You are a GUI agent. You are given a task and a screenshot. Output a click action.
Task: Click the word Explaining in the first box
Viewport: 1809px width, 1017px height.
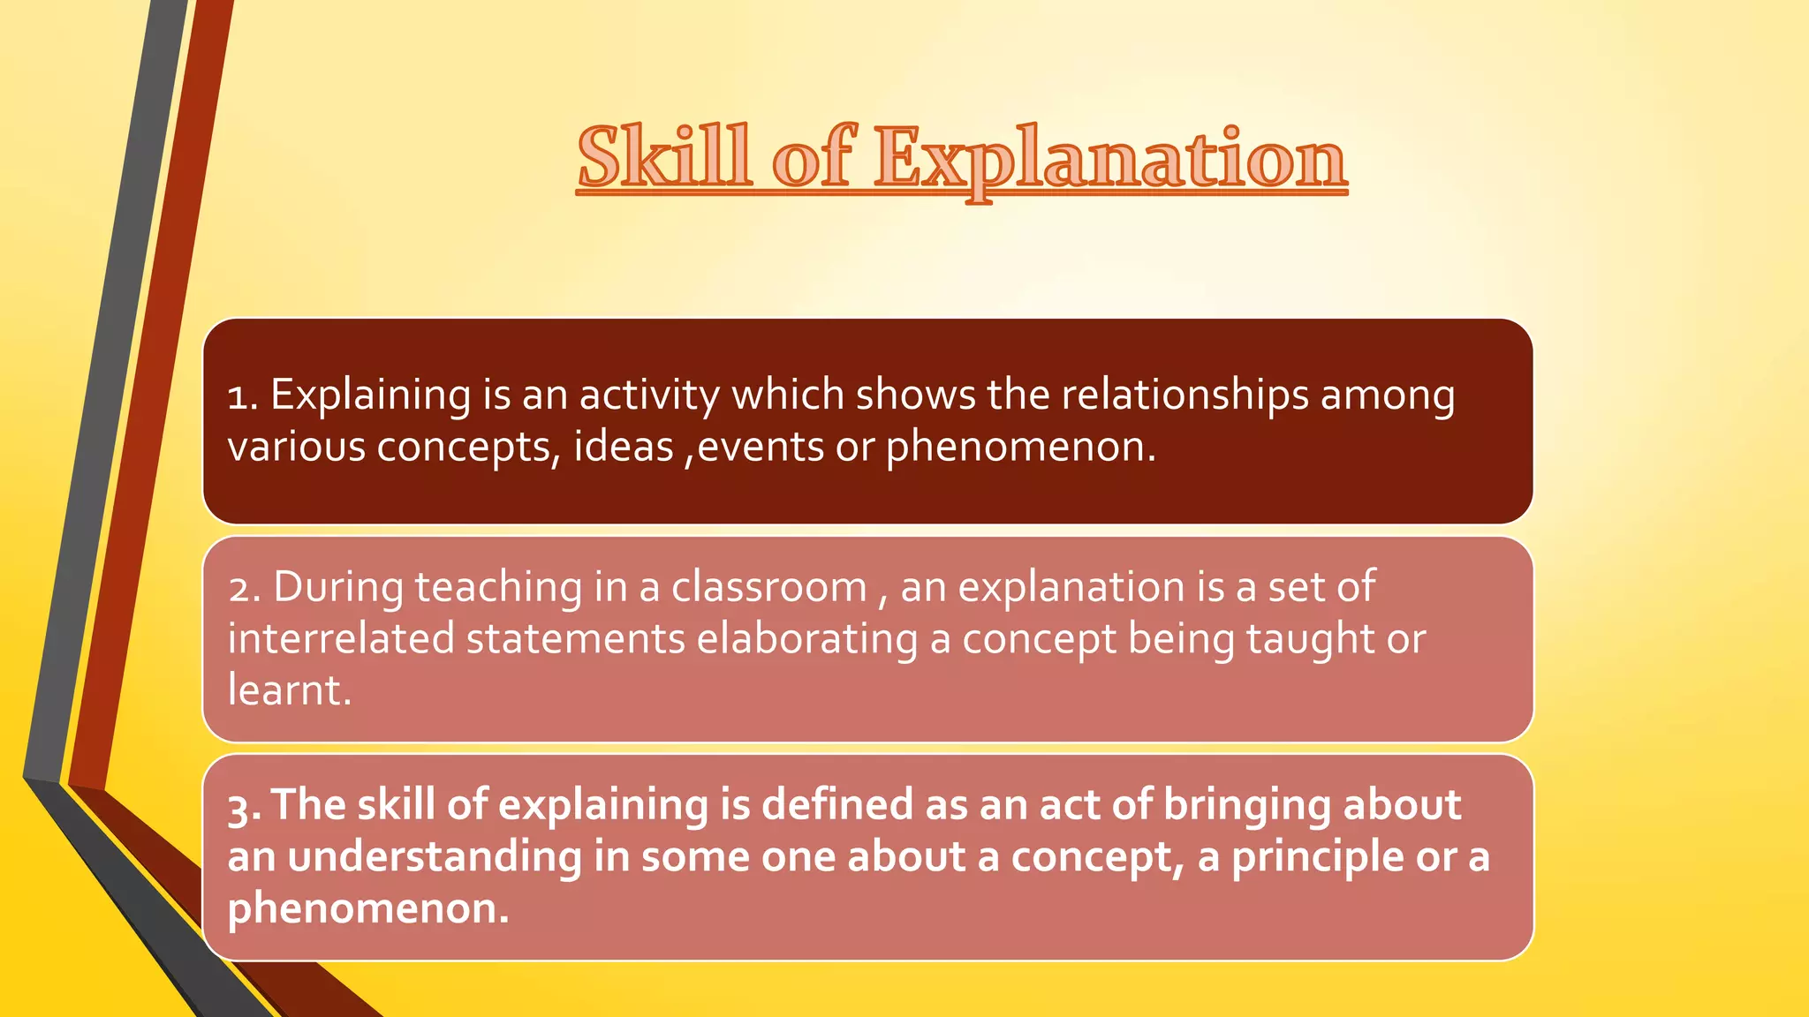pos(371,395)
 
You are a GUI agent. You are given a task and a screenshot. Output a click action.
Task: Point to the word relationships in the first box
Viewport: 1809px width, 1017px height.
pos(1184,395)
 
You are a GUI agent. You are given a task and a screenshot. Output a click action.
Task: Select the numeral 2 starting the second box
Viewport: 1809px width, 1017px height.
pos(240,588)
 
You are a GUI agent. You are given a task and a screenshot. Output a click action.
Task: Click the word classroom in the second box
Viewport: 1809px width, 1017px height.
pos(768,588)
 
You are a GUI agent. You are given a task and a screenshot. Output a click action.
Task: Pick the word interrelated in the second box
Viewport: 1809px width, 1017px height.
pos(341,639)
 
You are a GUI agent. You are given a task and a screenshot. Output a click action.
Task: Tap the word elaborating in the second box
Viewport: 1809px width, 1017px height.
pos(807,639)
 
